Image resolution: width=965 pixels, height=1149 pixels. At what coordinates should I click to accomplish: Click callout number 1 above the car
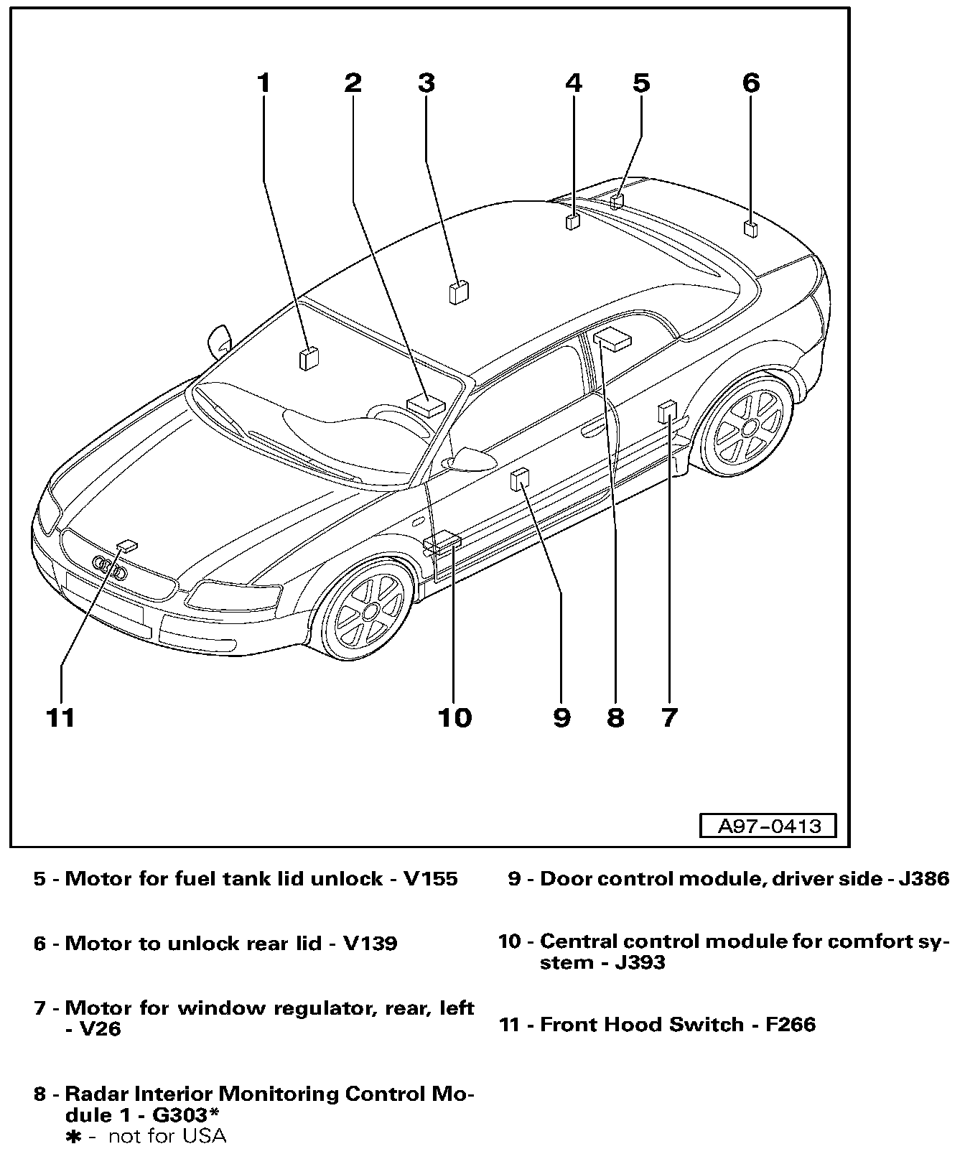point(264,83)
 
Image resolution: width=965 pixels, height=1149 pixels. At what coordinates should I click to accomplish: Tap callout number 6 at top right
point(750,83)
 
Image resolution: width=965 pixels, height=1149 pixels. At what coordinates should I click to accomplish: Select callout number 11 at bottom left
point(60,717)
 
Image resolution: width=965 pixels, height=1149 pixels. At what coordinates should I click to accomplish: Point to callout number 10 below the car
point(454,717)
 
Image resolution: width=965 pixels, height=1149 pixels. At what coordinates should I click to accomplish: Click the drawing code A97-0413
point(768,826)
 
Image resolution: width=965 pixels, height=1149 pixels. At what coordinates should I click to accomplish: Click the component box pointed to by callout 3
point(459,292)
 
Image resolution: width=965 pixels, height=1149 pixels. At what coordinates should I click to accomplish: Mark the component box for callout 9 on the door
point(520,478)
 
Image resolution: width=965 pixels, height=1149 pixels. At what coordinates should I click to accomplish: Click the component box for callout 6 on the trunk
point(751,229)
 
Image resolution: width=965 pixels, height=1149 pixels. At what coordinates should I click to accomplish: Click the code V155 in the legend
point(431,879)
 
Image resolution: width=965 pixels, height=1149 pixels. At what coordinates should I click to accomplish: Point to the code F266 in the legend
point(790,1024)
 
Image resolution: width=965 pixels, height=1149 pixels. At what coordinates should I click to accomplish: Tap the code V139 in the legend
point(370,943)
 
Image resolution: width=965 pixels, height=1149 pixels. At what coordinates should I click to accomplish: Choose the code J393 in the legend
point(640,962)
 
